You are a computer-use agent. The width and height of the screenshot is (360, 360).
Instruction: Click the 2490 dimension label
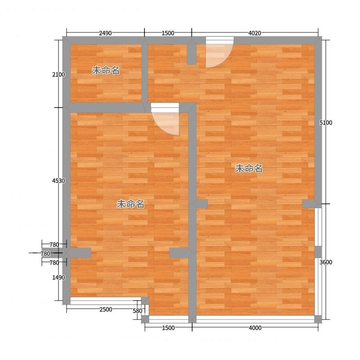pos(105,33)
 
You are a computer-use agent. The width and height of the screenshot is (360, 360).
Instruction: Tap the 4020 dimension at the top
pos(255,33)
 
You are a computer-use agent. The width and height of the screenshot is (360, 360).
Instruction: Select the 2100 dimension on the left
pos(58,75)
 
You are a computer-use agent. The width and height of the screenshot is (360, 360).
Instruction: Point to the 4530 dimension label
pos(58,181)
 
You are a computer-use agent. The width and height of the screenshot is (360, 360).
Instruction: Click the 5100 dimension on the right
pos(326,123)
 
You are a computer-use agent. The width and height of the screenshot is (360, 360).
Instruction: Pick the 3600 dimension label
pos(326,262)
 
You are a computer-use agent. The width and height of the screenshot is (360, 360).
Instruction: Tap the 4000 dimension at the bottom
pos(255,328)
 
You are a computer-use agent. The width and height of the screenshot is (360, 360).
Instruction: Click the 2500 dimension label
pos(106,310)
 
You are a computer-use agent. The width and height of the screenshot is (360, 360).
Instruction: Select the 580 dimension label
pos(138,311)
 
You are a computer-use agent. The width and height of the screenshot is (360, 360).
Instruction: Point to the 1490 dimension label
pos(58,278)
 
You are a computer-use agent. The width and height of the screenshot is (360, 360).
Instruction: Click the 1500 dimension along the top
pos(168,33)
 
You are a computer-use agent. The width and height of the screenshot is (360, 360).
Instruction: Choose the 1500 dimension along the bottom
pos(168,328)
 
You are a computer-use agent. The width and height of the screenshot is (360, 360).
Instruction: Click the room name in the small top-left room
pos(106,71)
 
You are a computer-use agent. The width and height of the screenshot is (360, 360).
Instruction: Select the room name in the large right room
pos(249,168)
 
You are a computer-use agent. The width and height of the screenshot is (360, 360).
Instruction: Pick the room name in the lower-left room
pos(130,204)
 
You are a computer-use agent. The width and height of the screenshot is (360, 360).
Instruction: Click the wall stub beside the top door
pos(192,54)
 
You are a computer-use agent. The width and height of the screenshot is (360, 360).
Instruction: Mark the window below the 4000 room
pos(255,319)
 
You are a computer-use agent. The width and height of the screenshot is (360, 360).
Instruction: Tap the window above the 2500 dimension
pos(106,301)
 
